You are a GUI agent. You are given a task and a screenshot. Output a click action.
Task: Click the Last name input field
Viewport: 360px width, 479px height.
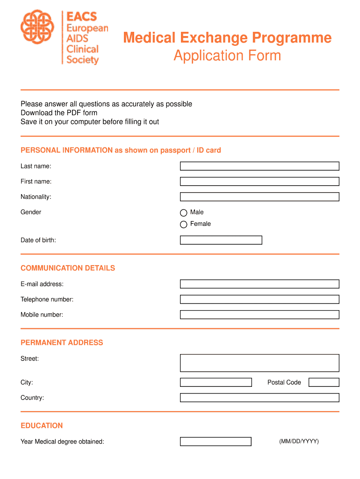point(259,166)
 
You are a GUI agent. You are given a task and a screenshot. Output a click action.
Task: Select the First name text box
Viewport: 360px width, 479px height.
point(259,181)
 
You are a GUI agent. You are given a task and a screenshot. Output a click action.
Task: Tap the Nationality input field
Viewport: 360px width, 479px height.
point(259,197)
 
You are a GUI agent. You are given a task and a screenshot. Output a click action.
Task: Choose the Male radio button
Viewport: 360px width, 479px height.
point(184,213)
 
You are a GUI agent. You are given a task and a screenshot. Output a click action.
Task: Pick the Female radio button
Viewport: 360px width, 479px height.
point(184,225)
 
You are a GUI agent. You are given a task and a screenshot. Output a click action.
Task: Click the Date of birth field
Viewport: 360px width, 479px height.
point(221,240)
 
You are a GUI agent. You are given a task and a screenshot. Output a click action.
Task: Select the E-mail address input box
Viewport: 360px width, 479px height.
point(259,284)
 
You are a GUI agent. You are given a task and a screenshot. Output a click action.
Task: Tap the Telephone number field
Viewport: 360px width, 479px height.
point(259,299)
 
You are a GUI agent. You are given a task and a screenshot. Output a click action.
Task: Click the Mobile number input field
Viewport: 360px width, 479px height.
point(259,315)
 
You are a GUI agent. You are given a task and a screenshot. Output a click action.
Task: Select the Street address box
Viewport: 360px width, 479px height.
point(259,363)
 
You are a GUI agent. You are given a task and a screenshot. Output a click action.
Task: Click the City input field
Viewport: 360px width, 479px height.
point(216,382)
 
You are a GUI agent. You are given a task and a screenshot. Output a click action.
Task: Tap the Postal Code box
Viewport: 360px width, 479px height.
point(324,382)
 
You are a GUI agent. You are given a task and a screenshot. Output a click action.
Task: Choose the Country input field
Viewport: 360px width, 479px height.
point(259,398)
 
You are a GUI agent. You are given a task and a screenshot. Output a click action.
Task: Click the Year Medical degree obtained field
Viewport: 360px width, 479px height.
point(216,442)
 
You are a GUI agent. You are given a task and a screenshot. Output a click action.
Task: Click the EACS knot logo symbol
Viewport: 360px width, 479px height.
point(38,27)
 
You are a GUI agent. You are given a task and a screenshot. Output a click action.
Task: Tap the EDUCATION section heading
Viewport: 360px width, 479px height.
point(42,426)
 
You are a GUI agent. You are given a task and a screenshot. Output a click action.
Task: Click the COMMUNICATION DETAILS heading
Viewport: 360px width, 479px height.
point(68,268)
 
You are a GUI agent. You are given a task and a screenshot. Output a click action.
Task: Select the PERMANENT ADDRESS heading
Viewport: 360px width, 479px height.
point(62,342)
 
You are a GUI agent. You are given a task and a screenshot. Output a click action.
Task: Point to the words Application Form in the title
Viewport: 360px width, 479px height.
point(227,56)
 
